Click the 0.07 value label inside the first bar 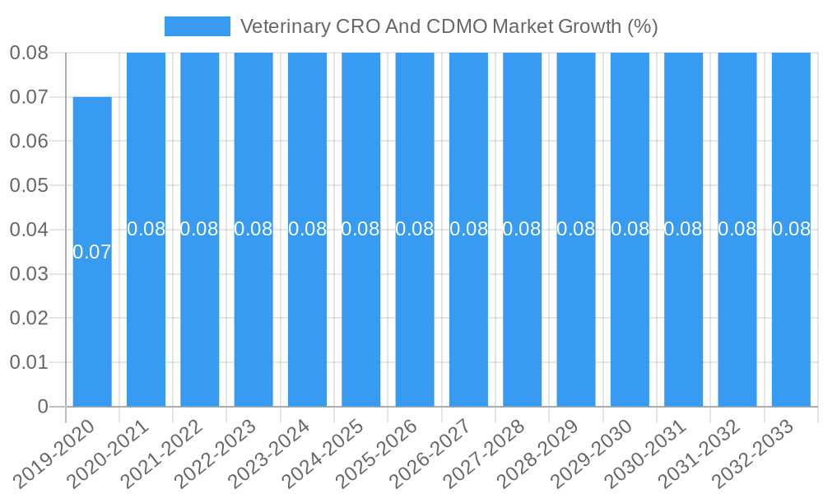click(x=92, y=253)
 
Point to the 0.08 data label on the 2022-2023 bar click(x=253, y=230)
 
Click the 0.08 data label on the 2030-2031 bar click(x=683, y=230)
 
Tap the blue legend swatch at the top click(x=198, y=26)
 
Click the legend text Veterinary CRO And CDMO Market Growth click(x=449, y=26)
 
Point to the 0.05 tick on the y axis click(x=29, y=185)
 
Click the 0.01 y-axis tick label click(x=29, y=362)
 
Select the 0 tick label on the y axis click(x=43, y=407)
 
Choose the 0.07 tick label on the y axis click(x=29, y=97)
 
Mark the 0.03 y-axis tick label click(x=29, y=274)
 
